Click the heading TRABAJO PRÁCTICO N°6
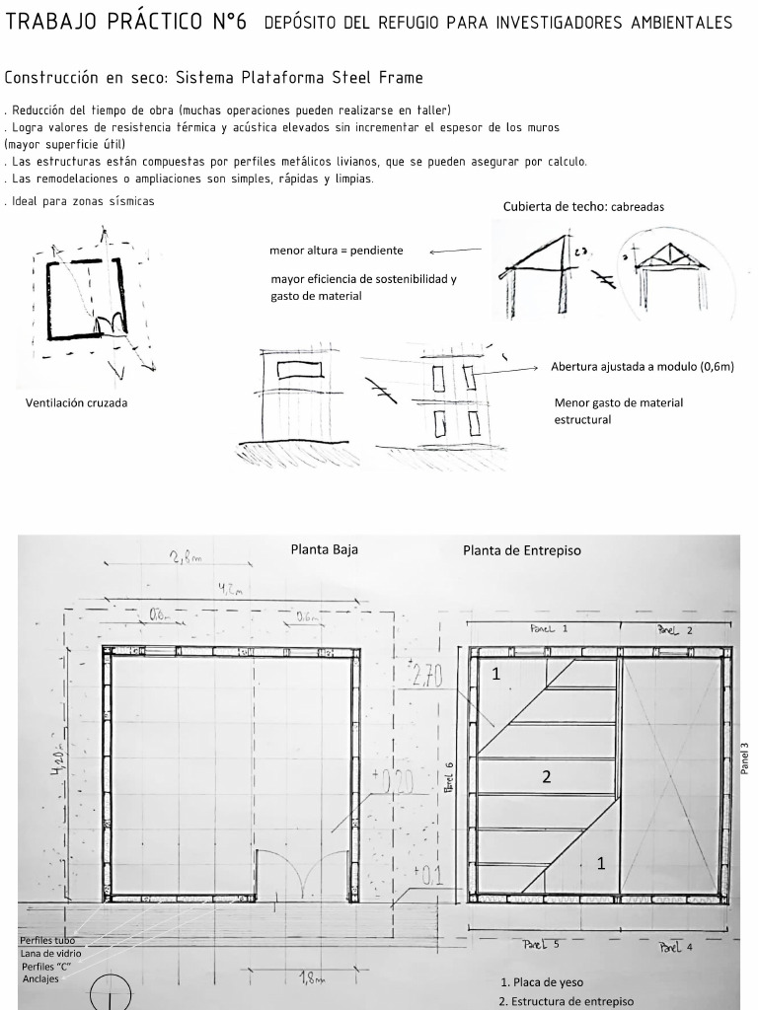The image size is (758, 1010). click(x=125, y=22)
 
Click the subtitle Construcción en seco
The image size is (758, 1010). click(x=213, y=77)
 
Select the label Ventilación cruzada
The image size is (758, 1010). click(x=76, y=402)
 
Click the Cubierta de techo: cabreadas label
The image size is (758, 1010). click(x=583, y=207)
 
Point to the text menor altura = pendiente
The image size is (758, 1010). click(x=336, y=251)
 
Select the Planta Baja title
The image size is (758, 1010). click(x=324, y=549)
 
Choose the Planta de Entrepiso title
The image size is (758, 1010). click(x=521, y=550)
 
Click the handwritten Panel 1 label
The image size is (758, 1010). click(x=549, y=627)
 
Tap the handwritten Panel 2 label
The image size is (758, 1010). click(x=675, y=629)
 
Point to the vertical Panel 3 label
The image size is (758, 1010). click(x=744, y=758)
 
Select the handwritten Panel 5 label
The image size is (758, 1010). click(x=541, y=944)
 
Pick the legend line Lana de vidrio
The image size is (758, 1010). click(x=51, y=953)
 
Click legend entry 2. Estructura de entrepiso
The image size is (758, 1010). click(x=567, y=1001)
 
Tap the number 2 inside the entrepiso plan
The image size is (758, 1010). click(x=545, y=776)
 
